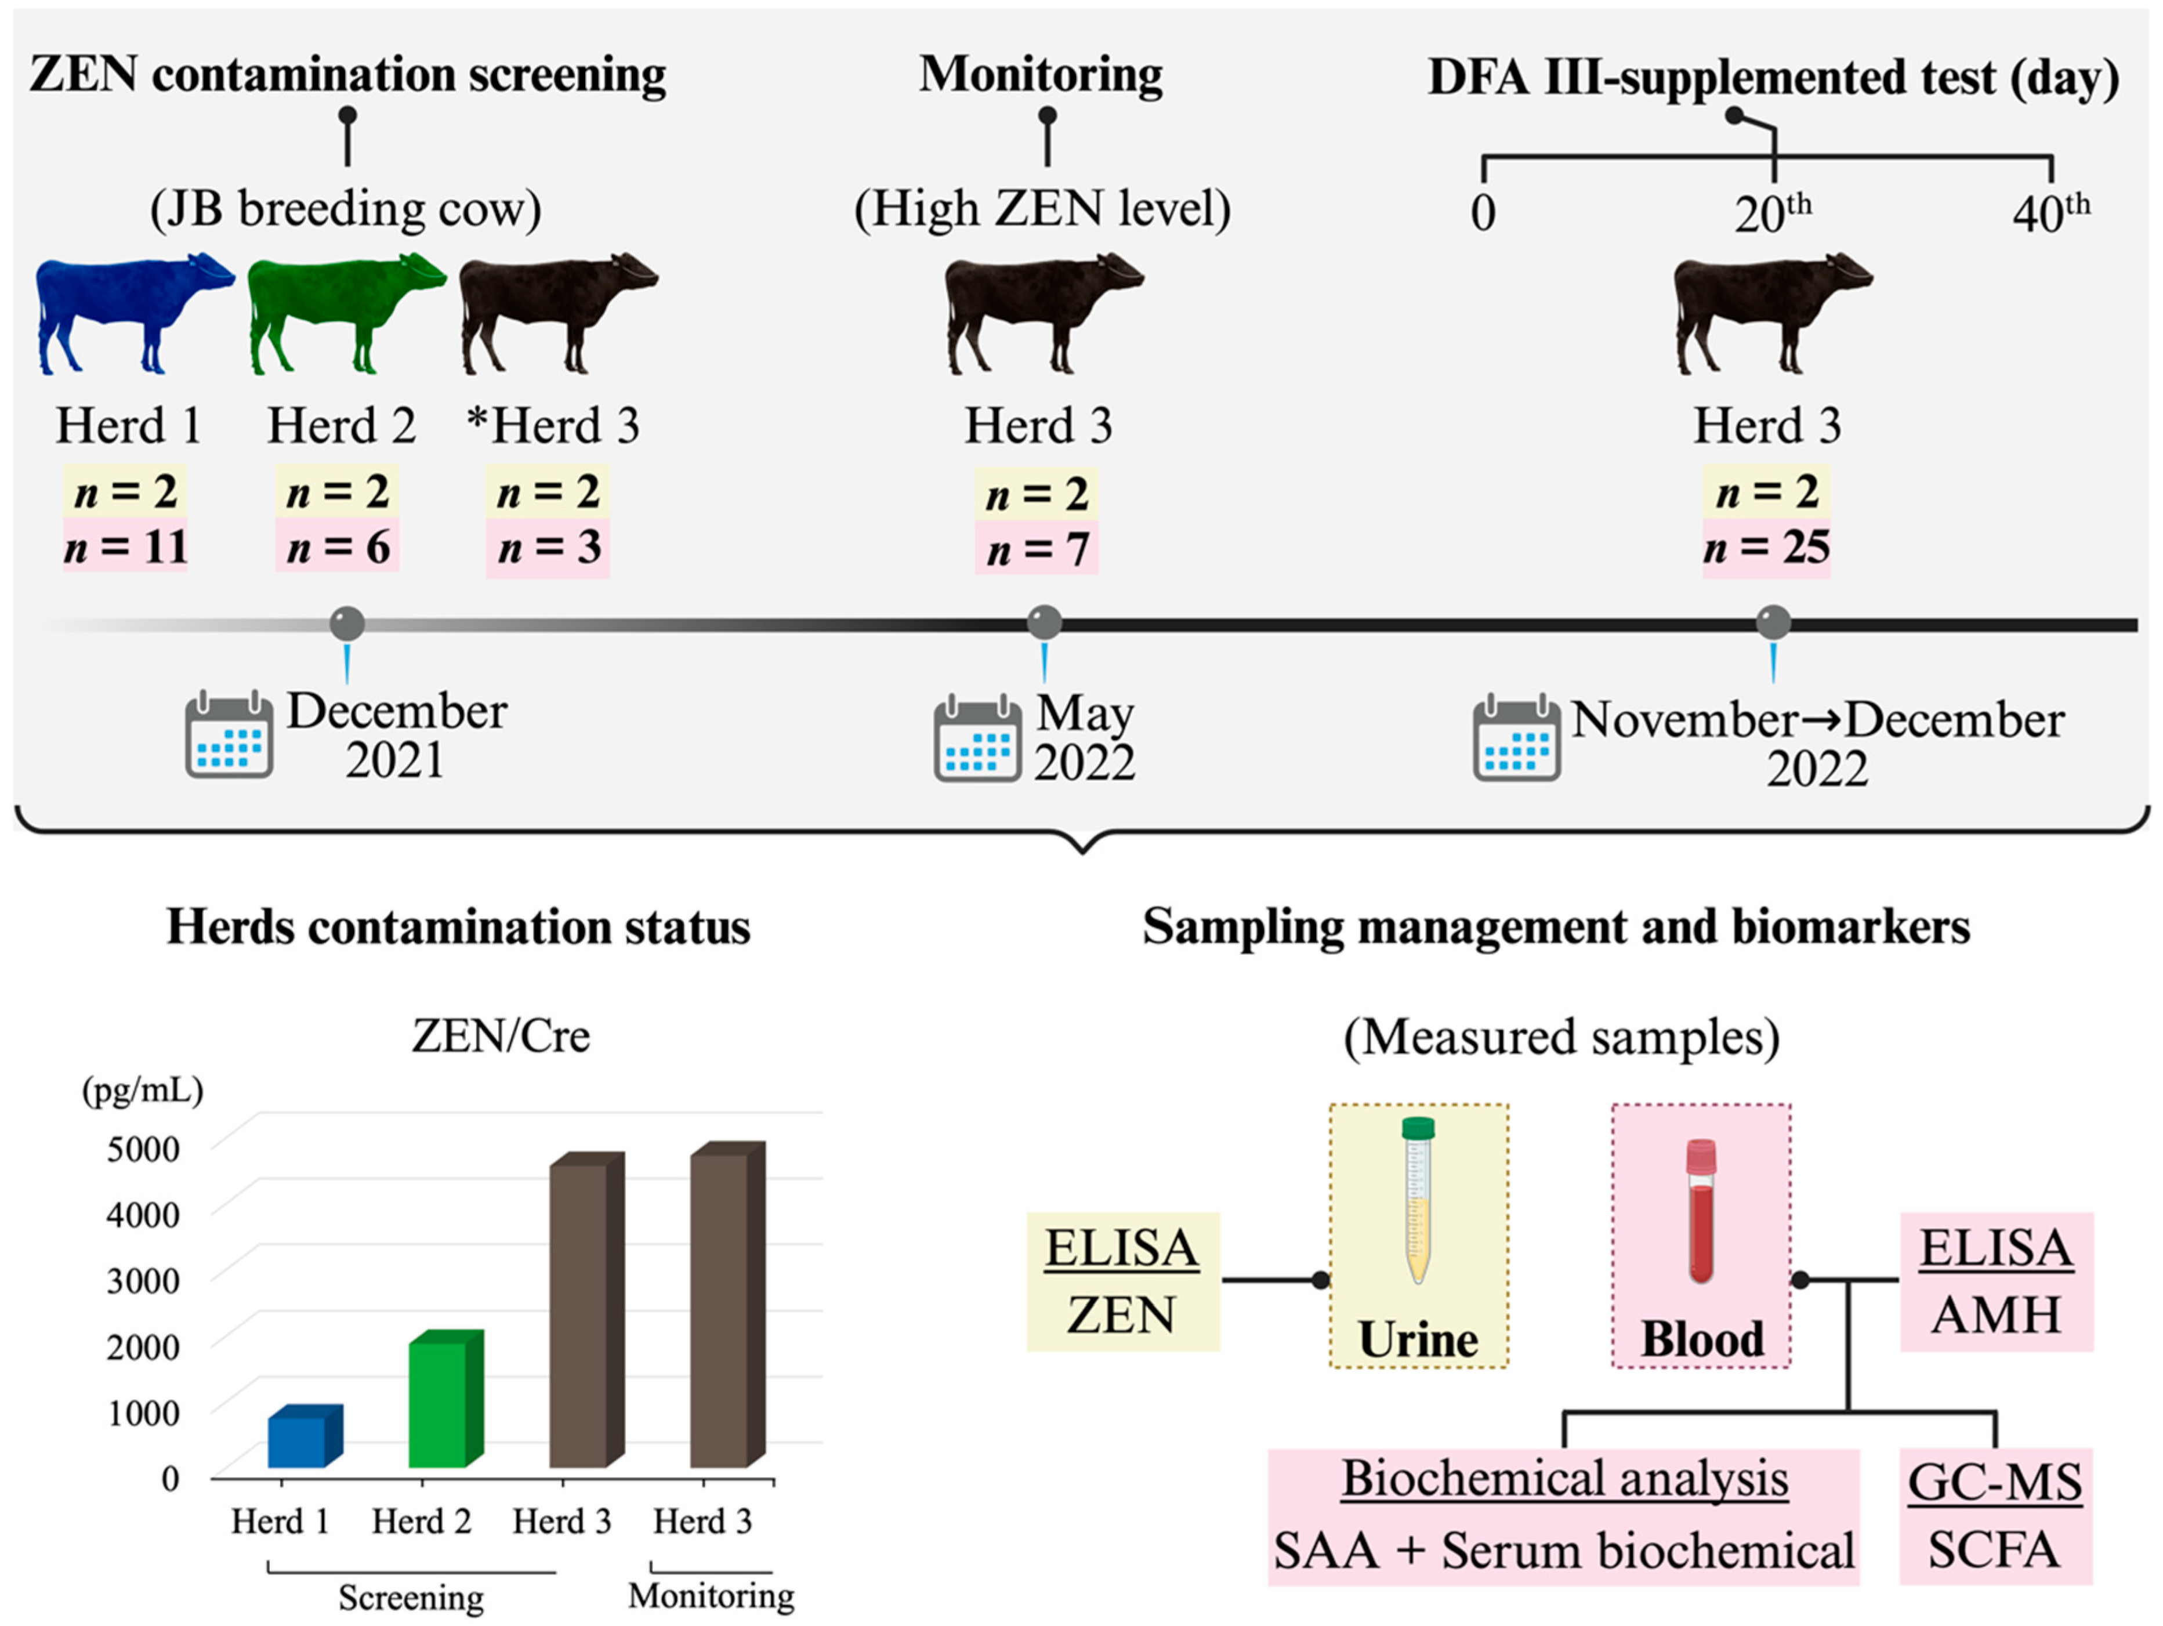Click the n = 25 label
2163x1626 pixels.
tap(1766, 548)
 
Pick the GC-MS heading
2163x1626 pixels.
tap(1995, 1482)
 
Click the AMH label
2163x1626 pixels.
tap(1996, 1315)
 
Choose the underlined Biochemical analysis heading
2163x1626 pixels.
tap(1564, 1478)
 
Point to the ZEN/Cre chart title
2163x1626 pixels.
tap(501, 1037)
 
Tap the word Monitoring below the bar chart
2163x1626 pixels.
tap(711, 1596)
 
